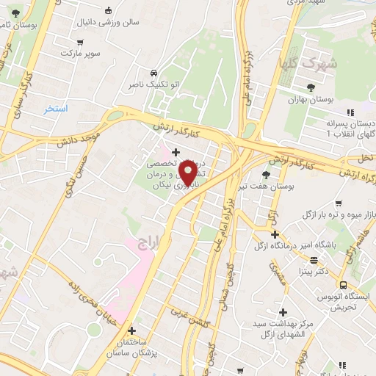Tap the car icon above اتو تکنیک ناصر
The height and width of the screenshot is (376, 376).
pyautogui.click(x=153, y=73)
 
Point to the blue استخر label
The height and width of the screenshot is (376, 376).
pyautogui.click(x=55, y=109)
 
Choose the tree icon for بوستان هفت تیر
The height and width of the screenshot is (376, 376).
pyautogui.click(x=265, y=175)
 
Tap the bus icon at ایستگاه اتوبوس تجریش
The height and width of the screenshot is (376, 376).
pyautogui.click(x=342, y=285)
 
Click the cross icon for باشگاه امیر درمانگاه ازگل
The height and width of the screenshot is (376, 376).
pyautogui.click(x=275, y=235)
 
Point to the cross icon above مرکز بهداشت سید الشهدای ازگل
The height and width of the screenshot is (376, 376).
pyautogui.click(x=282, y=312)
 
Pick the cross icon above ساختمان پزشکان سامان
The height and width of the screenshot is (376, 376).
pyautogui.click(x=132, y=330)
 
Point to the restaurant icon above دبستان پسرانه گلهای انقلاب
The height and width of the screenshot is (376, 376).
pyautogui.click(x=350, y=112)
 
